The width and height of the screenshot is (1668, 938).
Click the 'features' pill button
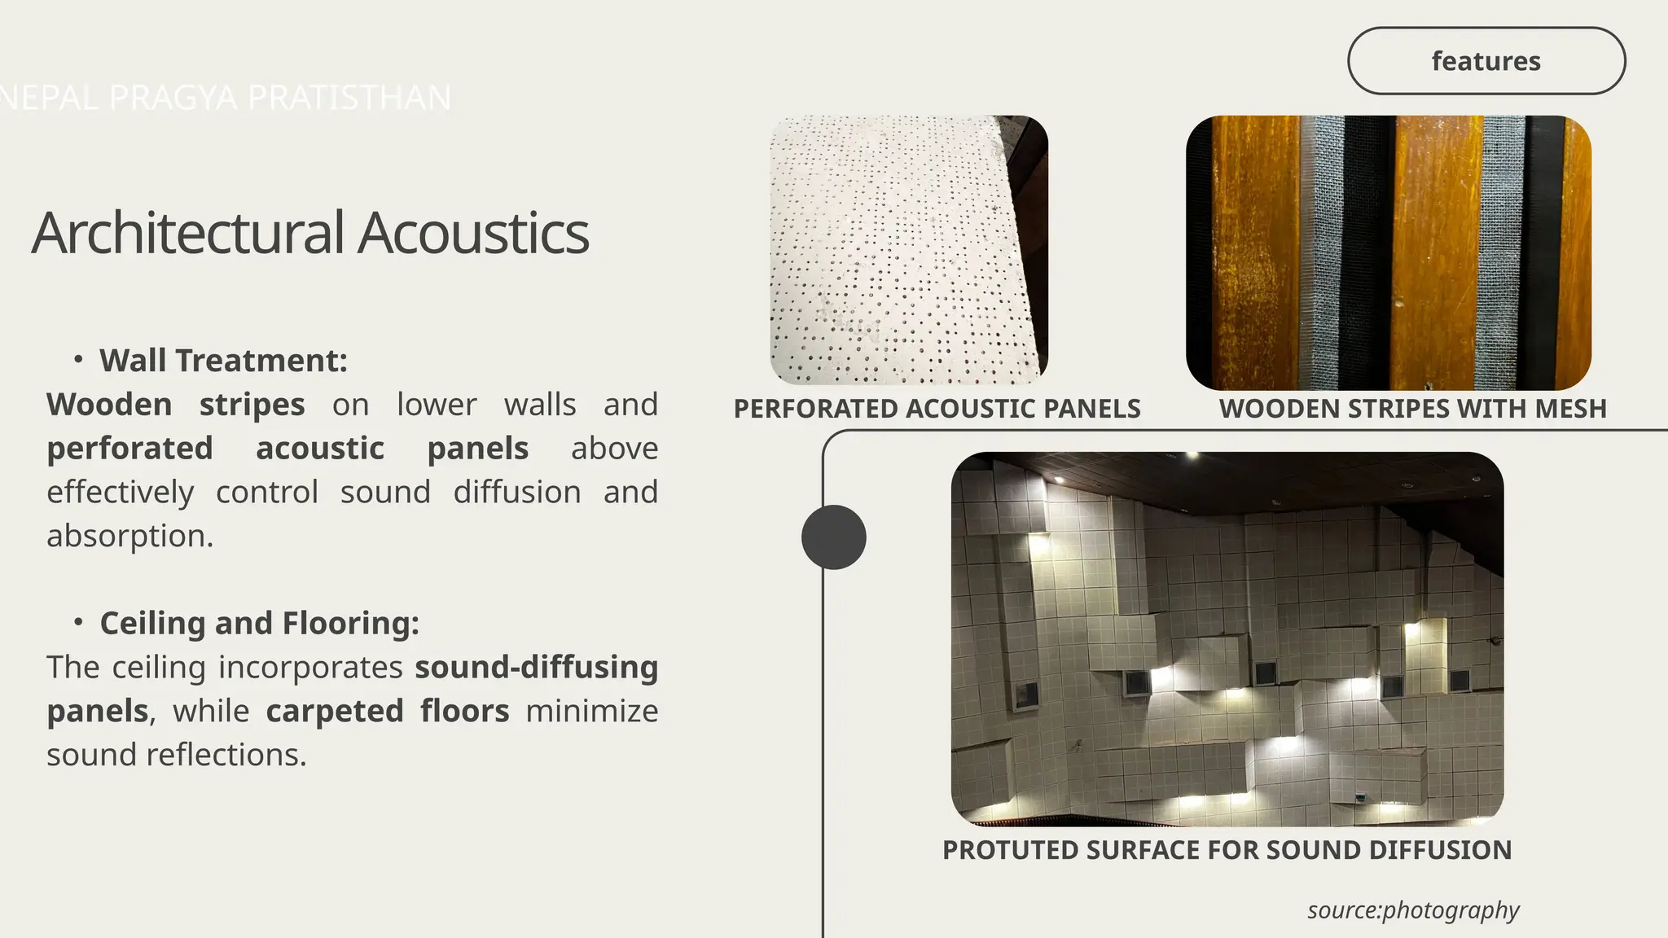coord(1486,61)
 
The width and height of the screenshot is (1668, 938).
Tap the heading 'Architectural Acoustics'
coord(309,233)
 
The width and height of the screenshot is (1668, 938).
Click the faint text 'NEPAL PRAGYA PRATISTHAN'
coord(226,98)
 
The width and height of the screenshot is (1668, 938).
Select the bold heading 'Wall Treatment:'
coord(223,361)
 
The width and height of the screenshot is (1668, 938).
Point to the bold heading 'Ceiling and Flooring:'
coord(259,623)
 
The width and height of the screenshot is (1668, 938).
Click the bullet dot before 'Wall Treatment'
coord(78,359)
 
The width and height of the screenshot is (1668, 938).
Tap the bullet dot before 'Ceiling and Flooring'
coord(78,622)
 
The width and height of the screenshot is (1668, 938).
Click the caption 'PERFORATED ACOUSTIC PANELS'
coord(937,409)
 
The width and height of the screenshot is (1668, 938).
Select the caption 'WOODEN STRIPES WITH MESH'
coord(1412,409)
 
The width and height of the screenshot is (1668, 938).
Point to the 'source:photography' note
coord(1413,910)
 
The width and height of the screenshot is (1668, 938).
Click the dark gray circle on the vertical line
coord(833,537)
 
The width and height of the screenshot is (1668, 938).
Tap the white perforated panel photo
coord(908,249)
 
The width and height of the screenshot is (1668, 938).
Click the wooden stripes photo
coord(1388,252)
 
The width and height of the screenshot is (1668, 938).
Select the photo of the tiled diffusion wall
coord(1227,639)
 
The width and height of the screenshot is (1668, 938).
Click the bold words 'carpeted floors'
coord(387,711)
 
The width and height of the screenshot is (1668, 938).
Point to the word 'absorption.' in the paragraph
coord(129,536)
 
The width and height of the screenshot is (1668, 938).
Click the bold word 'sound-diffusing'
coord(536,667)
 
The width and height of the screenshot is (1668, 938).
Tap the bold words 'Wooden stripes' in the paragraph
coord(175,405)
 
